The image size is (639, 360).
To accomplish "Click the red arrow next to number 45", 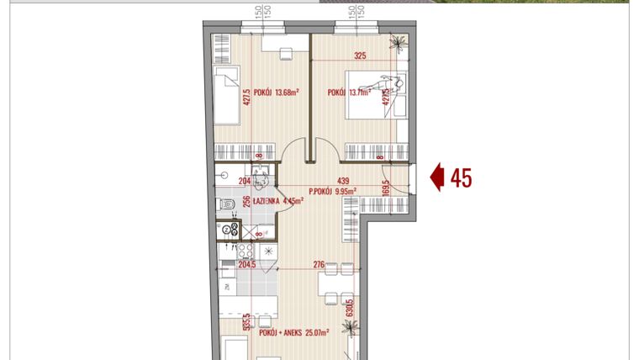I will coord(437,178).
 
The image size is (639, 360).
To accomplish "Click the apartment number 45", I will coord(461,178).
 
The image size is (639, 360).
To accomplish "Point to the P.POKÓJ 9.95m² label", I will coord(333,191).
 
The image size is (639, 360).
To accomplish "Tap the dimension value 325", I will coord(360,56).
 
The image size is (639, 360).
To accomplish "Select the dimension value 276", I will coord(319,265).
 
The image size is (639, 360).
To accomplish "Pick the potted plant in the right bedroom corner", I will coord(398,45).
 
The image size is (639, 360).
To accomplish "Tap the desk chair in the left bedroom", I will coord(286,55).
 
